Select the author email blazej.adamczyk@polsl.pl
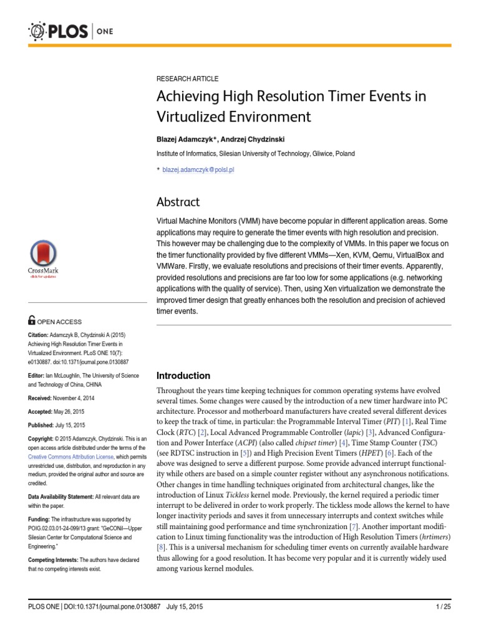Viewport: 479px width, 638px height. pos(198,169)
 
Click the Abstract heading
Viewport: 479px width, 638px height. pos(178,202)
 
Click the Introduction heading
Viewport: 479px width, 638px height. pos(183,376)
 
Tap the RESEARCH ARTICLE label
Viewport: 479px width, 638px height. pos(187,79)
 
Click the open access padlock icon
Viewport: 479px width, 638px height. pos(32,321)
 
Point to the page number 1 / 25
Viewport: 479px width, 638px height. pos(442,606)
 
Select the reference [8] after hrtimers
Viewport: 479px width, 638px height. pos(161,546)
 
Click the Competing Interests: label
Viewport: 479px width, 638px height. pos(54,560)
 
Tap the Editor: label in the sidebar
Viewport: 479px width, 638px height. pos(38,376)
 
